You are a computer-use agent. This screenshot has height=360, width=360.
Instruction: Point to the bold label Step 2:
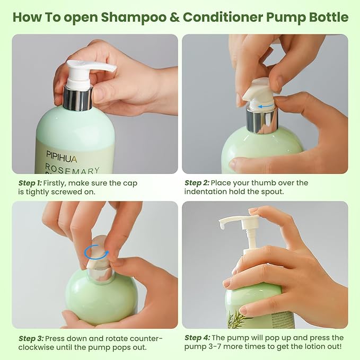198,183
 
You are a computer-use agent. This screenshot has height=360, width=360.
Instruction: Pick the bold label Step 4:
198,338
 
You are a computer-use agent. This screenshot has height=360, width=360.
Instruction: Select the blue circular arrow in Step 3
95,252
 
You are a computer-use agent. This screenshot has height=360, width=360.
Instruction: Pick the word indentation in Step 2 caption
207,192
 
